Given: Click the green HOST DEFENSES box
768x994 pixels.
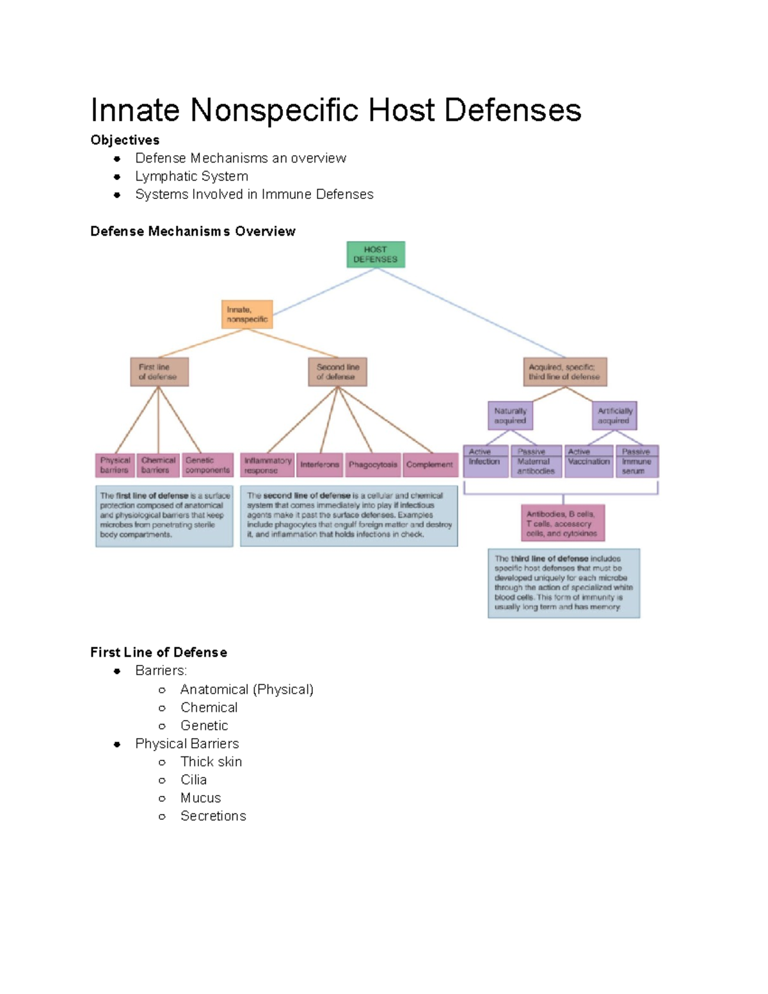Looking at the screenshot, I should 376,254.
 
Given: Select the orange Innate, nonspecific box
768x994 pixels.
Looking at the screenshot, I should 247,314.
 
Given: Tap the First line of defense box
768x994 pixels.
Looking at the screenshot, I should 159,372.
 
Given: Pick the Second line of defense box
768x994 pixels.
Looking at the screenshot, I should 337,372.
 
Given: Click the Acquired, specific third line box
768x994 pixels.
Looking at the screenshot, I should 564,372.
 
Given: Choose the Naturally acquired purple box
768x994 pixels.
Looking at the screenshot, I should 510,416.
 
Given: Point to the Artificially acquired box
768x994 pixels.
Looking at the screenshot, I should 614,416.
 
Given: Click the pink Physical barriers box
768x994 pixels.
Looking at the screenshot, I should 115,465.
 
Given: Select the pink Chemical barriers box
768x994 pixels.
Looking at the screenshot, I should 158,465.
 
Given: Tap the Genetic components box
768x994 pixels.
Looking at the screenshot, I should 207,465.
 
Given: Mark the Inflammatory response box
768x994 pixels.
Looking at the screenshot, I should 268,465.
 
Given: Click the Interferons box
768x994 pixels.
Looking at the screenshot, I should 319,465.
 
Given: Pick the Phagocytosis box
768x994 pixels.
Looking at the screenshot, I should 372,465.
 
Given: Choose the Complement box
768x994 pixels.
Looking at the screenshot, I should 429,465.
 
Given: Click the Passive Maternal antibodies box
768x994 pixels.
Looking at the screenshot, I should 536,461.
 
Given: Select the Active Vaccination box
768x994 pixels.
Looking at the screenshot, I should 589,461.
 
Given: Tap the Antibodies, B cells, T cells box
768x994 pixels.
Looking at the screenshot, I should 563,523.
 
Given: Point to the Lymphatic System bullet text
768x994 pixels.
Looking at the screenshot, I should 191,176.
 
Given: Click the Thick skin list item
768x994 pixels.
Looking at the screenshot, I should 211,762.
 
